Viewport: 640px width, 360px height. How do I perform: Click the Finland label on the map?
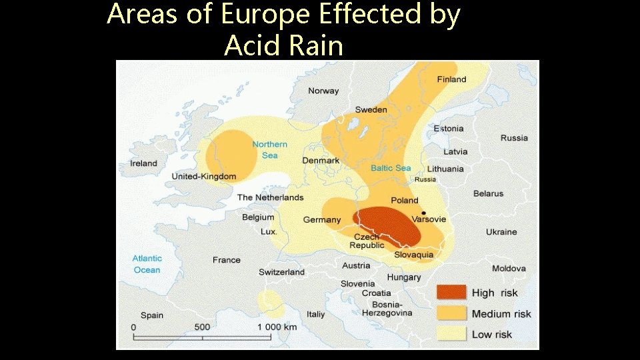pyautogui.click(x=451, y=79)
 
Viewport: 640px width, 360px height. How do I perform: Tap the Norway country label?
pyautogui.click(x=323, y=91)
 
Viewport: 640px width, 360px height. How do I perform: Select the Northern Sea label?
pyautogui.click(x=270, y=150)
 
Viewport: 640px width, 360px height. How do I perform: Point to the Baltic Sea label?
pyautogui.click(x=391, y=168)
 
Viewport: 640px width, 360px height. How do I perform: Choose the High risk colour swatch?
pyautogui.click(x=451, y=292)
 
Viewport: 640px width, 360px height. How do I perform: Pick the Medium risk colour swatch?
pyautogui.click(x=451, y=313)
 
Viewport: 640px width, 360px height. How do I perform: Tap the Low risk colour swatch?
pyautogui.click(x=451, y=333)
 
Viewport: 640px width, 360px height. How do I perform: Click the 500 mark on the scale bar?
pyautogui.click(x=202, y=327)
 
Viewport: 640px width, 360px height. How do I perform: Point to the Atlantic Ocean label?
pyautogui.click(x=147, y=264)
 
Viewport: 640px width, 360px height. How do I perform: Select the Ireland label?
pyautogui.click(x=143, y=163)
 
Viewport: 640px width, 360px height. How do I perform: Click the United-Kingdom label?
pyautogui.click(x=204, y=177)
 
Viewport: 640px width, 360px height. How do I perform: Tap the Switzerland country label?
pyautogui.click(x=281, y=272)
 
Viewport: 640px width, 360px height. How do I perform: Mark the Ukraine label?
pyautogui.click(x=501, y=232)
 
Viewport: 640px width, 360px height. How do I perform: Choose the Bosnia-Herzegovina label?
pyautogui.click(x=387, y=308)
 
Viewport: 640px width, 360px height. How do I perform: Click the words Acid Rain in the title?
pyautogui.click(x=283, y=45)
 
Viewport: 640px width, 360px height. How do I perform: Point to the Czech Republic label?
pyautogui.click(x=367, y=241)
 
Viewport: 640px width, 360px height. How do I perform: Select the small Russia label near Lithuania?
pyautogui.click(x=425, y=179)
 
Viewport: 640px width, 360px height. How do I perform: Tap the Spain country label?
pyautogui.click(x=152, y=315)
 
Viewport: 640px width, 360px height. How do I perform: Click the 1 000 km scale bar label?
pyautogui.click(x=277, y=327)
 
